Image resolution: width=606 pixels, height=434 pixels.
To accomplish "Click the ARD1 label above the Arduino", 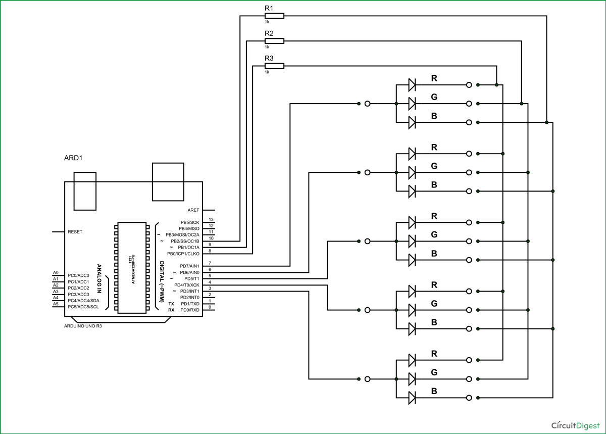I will pyautogui.click(x=73, y=158).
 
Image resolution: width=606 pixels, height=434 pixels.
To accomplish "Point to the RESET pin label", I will pyautogui.click(x=75, y=232).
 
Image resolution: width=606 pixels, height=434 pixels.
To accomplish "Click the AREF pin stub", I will pyautogui.click(x=209, y=210).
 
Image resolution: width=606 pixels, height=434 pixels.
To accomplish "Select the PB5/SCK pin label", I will pyautogui.click(x=190, y=222).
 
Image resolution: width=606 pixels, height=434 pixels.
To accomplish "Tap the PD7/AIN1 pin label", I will pyautogui.click(x=190, y=266).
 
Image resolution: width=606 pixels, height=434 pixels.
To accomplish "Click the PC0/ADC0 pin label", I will pyautogui.click(x=78, y=275).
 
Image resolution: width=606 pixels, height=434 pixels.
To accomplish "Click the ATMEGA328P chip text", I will pyautogui.click(x=132, y=268).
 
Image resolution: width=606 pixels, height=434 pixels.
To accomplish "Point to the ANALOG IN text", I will pyautogui.click(x=99, y=279).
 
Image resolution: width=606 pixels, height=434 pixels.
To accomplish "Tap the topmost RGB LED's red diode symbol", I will pyautogui.click(x=412, y=85).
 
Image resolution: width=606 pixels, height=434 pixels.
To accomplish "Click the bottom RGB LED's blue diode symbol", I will pyautogui.click(x=412, y=398).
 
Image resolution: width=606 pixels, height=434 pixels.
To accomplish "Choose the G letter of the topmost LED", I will pyautogui.click(x=434, y=97).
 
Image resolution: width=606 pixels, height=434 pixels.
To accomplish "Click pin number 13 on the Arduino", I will pyautogui.click(x=211, y=220).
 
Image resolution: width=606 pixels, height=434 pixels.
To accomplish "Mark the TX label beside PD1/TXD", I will pyautogui.click(x=171, y=304).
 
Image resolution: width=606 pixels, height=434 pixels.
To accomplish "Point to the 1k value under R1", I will pyautogui.click(x=267, y=22).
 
